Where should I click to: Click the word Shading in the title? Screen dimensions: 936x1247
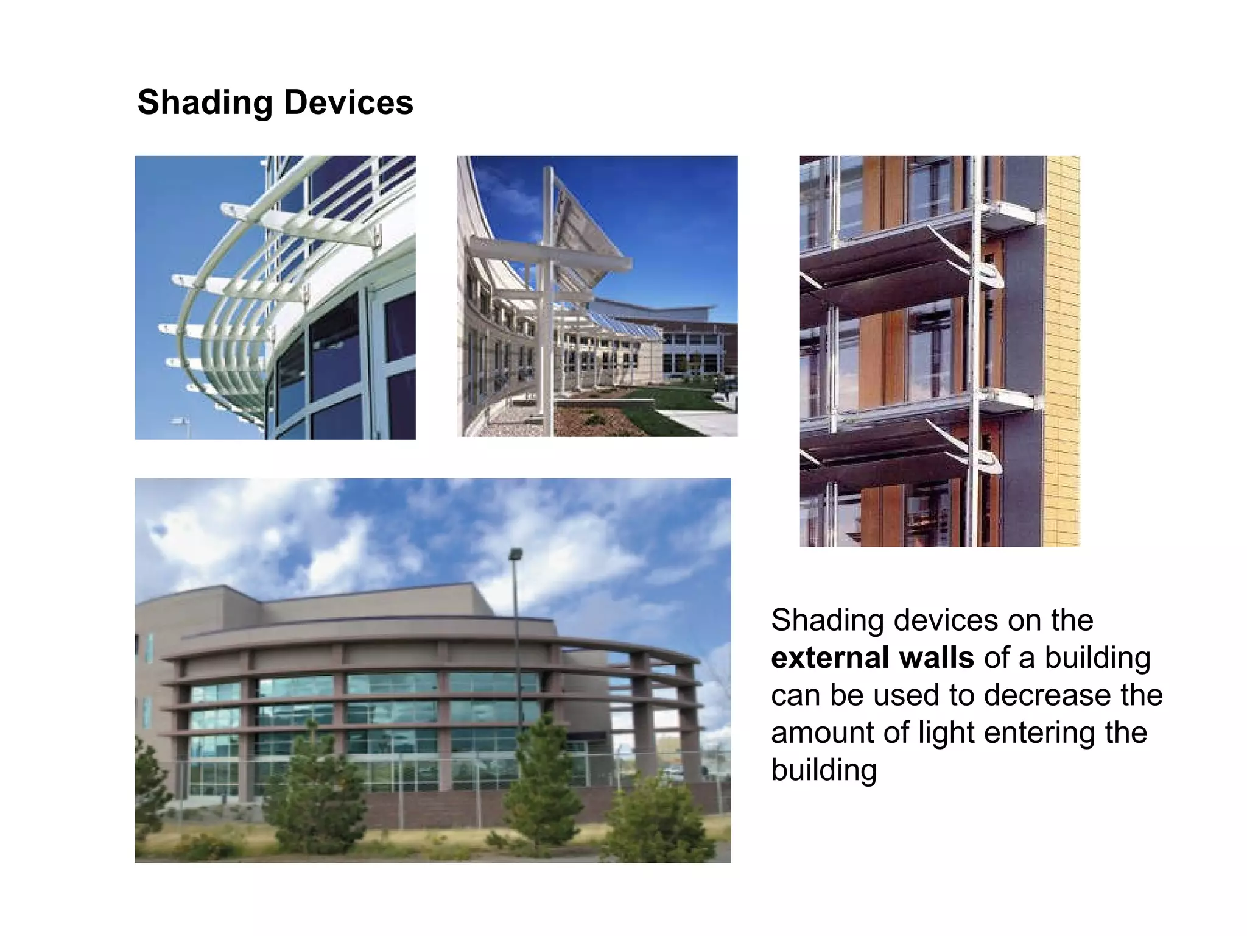tap(205, 102)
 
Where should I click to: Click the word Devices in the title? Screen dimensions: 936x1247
tap(348, 102)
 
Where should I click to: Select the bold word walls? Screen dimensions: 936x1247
tap(936, 658)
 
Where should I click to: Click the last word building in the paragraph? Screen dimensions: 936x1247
tap(823, 770)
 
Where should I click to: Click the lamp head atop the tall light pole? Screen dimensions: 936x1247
tap(515, 555)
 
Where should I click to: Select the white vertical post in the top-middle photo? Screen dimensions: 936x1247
tap(549, 305)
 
